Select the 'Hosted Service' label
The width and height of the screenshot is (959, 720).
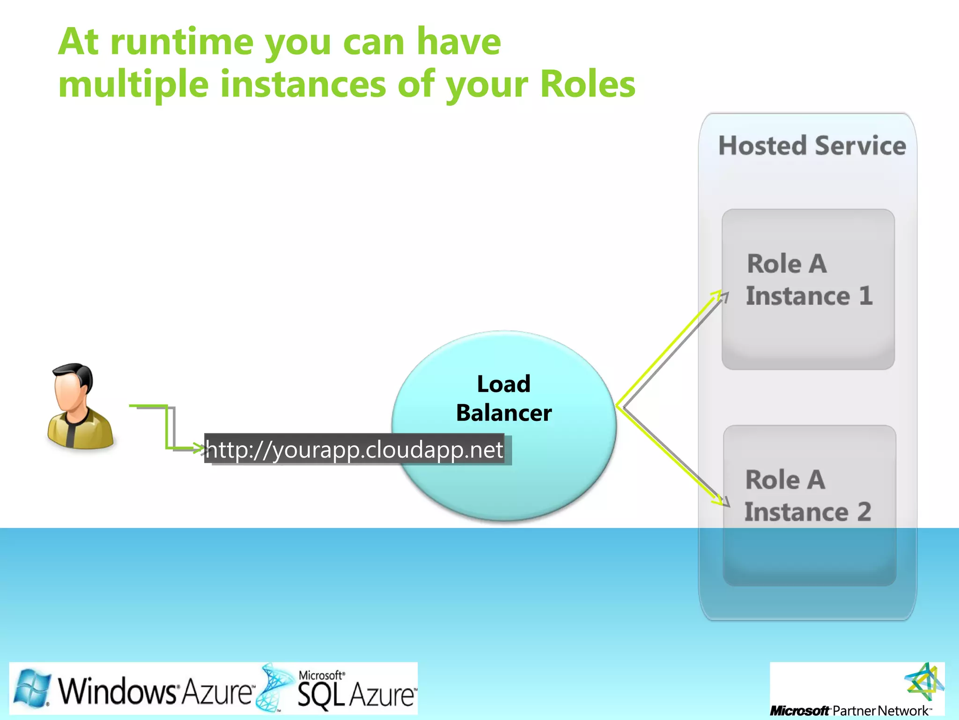click(812, 146)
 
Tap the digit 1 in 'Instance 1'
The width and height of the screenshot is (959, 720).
click(865, 296)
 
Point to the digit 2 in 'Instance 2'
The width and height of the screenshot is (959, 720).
click(864, 512)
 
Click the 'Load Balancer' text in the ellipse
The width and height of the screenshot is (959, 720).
click(504, 398)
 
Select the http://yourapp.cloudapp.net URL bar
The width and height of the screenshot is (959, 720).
click(354, 450)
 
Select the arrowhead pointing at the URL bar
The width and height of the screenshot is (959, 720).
click(200, 449)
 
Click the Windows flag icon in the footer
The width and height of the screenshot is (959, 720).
click(32, 688)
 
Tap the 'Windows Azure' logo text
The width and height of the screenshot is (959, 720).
click(155, 691)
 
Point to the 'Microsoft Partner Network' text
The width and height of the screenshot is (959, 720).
click(850, 711)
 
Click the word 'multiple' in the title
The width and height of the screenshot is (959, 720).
click(133, 84)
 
